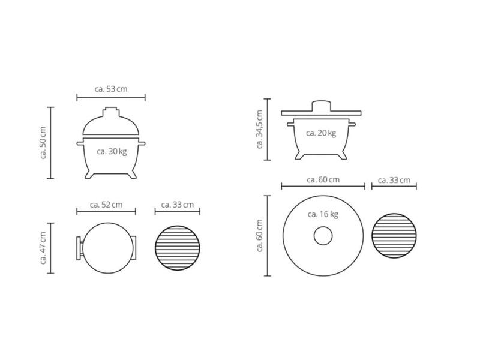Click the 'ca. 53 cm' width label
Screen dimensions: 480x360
point(111,89)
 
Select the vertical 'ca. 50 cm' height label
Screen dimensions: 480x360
point(43,143)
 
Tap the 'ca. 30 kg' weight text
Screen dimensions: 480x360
point(112,152)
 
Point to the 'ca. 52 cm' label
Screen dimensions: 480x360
point(106,205)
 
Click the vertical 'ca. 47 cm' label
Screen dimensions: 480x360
point(43,248)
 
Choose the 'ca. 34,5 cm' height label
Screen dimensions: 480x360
point(259,130)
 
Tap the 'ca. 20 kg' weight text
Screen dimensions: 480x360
point(321,133)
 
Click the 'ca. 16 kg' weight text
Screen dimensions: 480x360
point(323,214)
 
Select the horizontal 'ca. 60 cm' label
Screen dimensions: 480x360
point(323,179)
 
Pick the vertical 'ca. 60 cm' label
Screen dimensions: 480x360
point(259,236)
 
